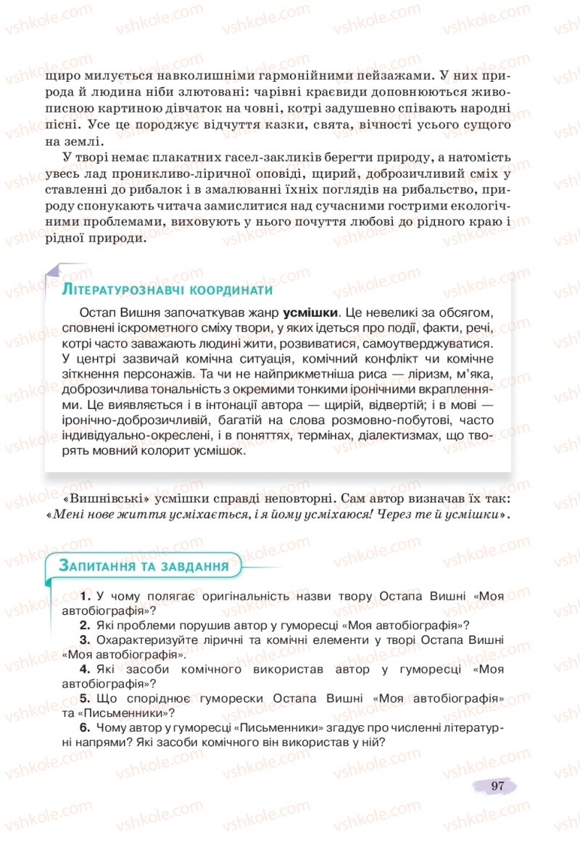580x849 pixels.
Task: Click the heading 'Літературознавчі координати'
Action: click(167, 290)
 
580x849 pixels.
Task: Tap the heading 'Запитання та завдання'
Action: click(144, 566)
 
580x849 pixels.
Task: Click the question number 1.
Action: click(86, 596)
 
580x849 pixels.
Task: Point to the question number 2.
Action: click(85, 625)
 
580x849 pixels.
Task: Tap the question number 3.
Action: click(85, 639)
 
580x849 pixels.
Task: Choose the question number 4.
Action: click(85, 669)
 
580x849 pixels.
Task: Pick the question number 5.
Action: click(85, 698)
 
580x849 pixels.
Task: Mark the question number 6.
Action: click(85, 727)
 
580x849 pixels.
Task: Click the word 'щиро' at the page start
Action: click(58, 75)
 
